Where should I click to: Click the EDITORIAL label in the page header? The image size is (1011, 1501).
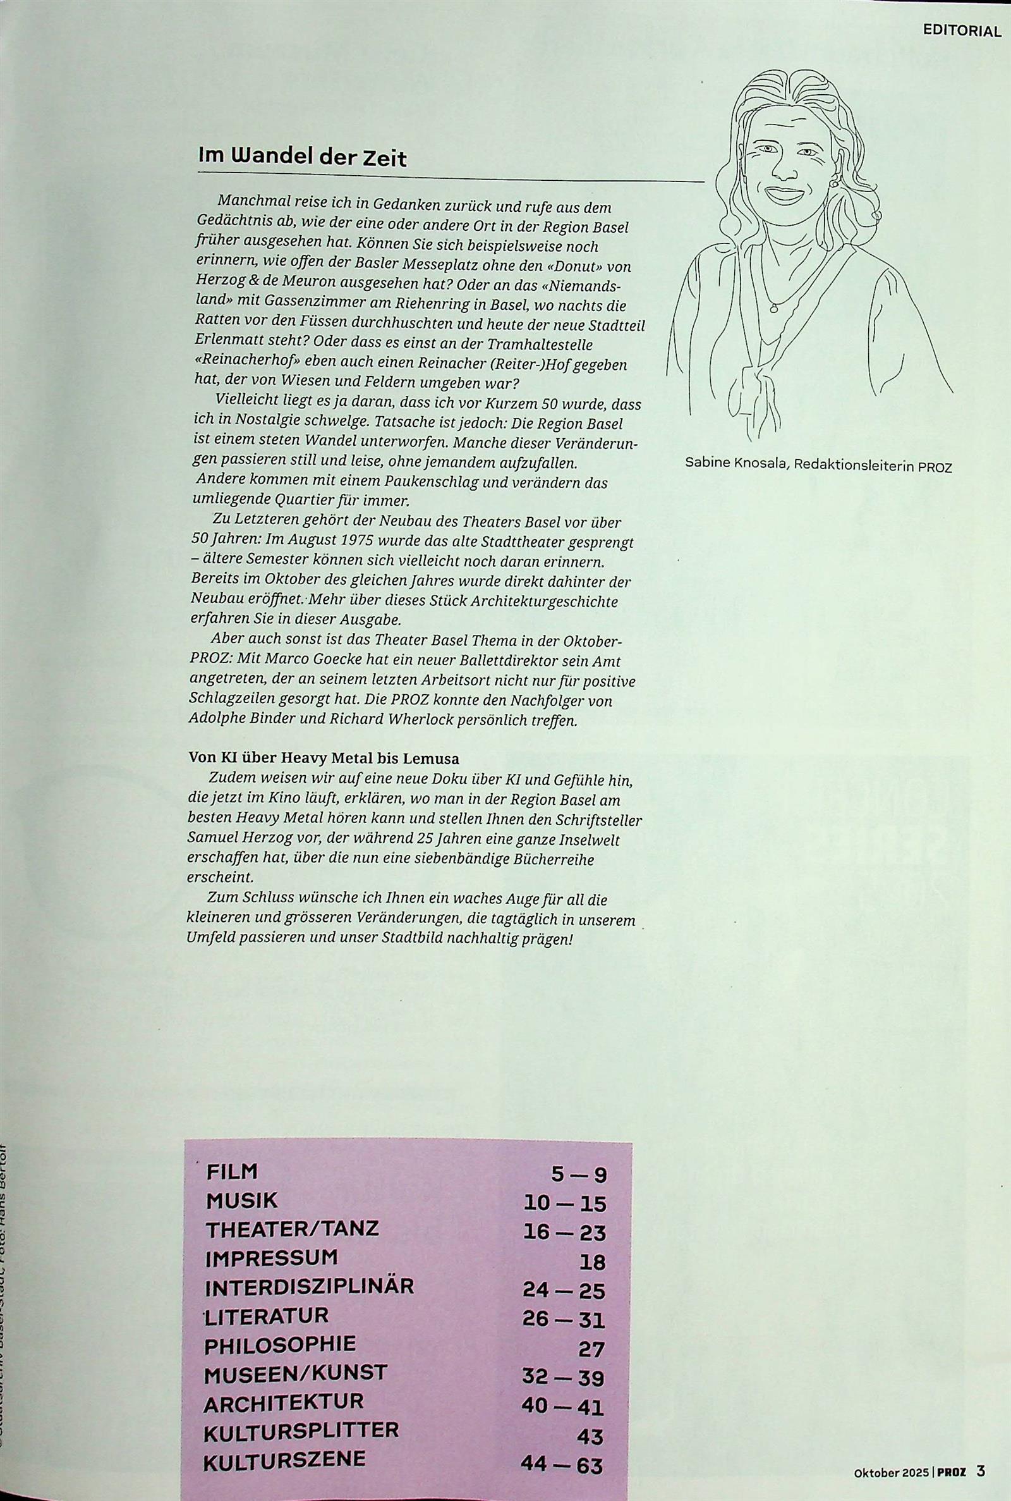coord(961,32)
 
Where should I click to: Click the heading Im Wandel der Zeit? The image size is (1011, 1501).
coord(303,157)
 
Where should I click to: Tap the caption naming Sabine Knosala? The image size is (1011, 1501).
coord(818,466)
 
